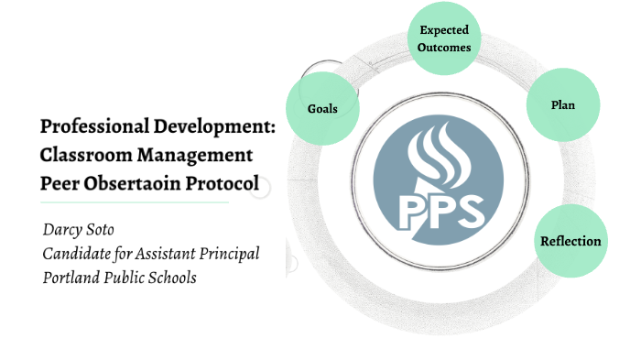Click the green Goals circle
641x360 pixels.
point(322,108)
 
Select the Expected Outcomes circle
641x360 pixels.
point(445,38)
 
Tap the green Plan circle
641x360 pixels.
point(562,104)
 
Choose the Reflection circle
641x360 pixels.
point(570,241)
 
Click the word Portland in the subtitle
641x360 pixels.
point(71,278)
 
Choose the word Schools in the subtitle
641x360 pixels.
point(171,278)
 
